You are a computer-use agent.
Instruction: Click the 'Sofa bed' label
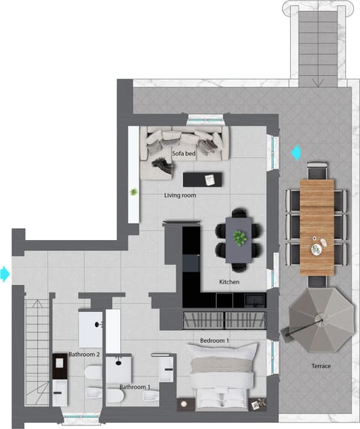tap(184, 154)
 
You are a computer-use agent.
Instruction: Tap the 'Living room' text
tap(180, 196)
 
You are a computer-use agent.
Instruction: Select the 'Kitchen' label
tap(229, 281)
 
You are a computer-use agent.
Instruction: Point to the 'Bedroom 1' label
tap(214, 340)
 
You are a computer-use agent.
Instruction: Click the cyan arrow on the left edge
tap(5, 274)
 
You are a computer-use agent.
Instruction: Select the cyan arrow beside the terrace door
tap(296, 153)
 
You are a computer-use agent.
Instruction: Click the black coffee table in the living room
tap(203, 179)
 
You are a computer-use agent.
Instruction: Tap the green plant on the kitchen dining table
tap(240, 238)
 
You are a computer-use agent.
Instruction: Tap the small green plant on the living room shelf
tap(134, 192)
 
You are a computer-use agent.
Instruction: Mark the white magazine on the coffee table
tap(211, 178)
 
